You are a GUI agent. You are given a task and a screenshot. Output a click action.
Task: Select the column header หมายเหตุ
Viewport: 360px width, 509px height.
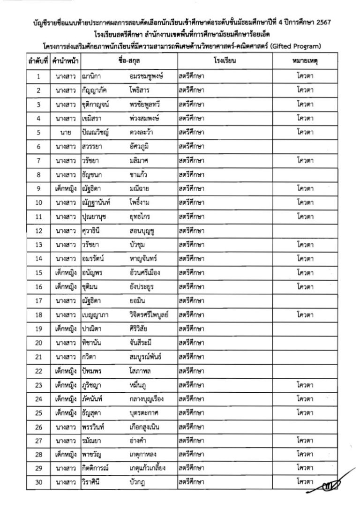[305, 61]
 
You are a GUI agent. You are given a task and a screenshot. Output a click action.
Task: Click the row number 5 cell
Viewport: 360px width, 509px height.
[38, 132]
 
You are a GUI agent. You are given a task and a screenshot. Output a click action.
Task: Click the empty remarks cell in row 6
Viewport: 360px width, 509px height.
[305, 147]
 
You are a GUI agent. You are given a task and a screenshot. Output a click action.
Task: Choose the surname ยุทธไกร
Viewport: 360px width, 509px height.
[142, 217]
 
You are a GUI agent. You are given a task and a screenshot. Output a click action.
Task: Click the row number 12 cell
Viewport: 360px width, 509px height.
[38, 231]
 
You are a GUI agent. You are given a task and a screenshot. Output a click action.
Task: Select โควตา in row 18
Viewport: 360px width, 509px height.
[305, 316]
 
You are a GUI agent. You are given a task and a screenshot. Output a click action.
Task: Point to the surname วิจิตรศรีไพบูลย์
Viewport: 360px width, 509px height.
[148, 316]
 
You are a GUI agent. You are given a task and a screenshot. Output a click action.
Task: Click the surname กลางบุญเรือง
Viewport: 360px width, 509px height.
[149, 401]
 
